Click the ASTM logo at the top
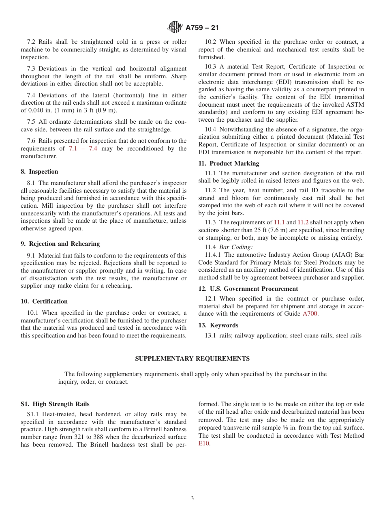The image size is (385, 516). click(175, 28)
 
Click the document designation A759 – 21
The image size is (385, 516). click(202, 28)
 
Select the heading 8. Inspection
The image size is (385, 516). click(39, 172)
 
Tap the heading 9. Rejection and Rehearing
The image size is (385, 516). click(60, 244)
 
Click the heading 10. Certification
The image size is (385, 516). click(44, 301)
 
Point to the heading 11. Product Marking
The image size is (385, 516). click(229, 163)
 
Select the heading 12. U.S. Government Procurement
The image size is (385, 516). click(248, 289)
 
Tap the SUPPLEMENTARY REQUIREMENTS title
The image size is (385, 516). click(192, 359)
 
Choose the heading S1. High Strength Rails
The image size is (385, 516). click(55, 404)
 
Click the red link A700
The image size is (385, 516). click(310, 314)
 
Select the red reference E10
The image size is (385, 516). click(203, 443)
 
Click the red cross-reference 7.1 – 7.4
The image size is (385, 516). click(83, 148)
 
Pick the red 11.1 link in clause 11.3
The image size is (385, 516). click(279, 222)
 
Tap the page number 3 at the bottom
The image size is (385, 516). click(192, 499)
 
